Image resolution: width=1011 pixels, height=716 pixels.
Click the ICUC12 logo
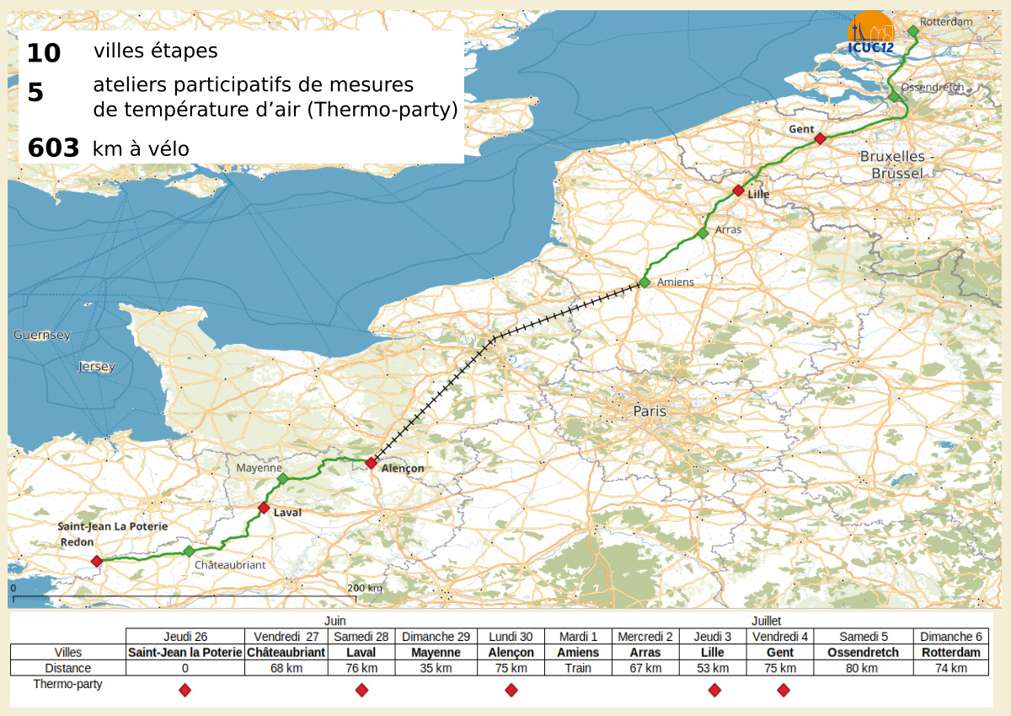[x=871, y=35]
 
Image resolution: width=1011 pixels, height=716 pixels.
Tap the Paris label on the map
[x=649, y=412]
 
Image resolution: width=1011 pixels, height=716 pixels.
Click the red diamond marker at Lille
[x=738, y=191]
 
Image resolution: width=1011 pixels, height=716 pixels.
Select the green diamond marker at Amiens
[x=645, y=283]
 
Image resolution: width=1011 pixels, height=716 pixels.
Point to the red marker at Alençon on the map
[x=371, y=462]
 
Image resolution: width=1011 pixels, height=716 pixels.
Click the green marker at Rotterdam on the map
[x=912, y=31]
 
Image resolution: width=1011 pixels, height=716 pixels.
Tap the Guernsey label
[x=41, y=336]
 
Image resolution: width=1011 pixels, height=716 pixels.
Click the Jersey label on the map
[x=95, y=367]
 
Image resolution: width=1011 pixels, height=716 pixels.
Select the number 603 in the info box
[x=53, y=148]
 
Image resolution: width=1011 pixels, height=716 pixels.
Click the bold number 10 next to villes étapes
[x=44, y=53]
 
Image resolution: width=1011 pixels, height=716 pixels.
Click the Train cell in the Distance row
[x=578, y=668]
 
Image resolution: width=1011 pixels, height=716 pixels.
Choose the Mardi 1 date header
[x=578, y=637]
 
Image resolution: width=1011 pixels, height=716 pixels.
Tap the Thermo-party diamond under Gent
[x=784, y=690]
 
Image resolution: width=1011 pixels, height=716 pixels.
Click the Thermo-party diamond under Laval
[x=361, y=690]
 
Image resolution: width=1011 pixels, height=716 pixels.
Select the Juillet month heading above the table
[x=766, y=621]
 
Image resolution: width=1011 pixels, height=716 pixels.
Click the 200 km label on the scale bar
[x=364, y=588]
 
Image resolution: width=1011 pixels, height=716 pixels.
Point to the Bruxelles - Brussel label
[x=897, y=164]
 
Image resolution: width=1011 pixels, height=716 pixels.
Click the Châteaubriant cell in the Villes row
[x=286, y=653]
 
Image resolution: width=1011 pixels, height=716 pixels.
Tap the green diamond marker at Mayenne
[x=283, y=479]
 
